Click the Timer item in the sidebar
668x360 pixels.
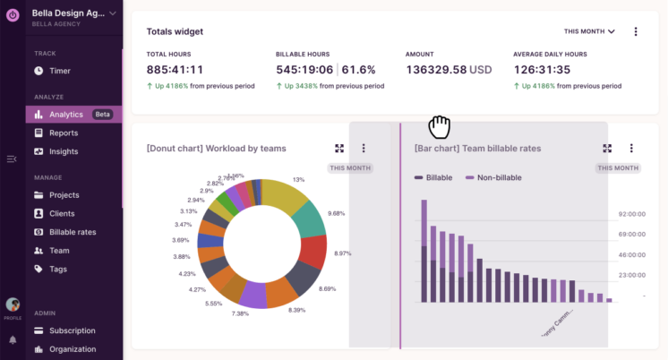click(x=60, y=71)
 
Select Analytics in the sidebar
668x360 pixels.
click(x=66, y=115)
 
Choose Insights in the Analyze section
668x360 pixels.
click(x=63, y=151)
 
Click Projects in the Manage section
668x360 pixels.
click(x=64, y=195)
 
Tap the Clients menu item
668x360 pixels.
click(x=62, y=214)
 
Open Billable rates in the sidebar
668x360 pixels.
click(x=73, y=232)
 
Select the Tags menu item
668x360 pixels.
click(x=58, y=269)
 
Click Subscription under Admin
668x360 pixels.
click(x=72, y=330)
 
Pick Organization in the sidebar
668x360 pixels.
click(x=73, y=349)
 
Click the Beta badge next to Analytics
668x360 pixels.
click(x=103, y=115)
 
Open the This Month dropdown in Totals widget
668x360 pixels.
click(x=589, y=31)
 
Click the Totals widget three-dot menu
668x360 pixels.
click(x=636, y=31)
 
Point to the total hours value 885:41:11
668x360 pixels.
click(x=175, y=69)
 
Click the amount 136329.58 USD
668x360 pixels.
click(x=449, y=69)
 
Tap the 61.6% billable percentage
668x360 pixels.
click(x=359, y=69)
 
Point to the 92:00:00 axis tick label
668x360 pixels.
click(x=632, y=215)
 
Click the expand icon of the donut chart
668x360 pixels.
click(x=339, y=149)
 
